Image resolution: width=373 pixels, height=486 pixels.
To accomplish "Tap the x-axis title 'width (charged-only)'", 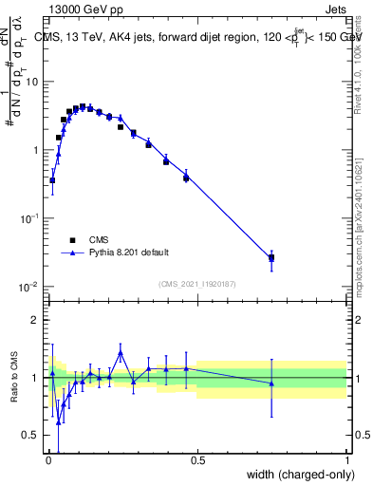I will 295,475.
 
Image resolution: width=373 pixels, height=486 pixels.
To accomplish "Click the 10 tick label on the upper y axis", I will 30,82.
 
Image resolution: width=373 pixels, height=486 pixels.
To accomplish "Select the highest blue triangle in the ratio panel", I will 121,352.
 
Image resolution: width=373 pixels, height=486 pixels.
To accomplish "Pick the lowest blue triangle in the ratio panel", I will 58,421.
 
